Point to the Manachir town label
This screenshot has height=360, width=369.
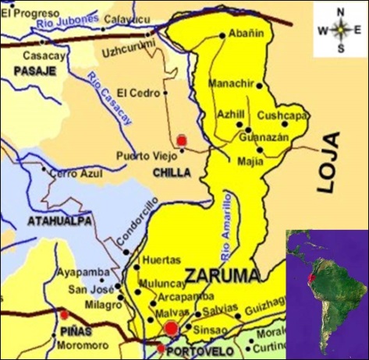(232, 83)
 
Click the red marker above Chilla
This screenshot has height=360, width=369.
(182, 139)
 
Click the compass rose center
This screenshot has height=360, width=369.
(340, 30)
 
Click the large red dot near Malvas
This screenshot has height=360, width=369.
(171, 330)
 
